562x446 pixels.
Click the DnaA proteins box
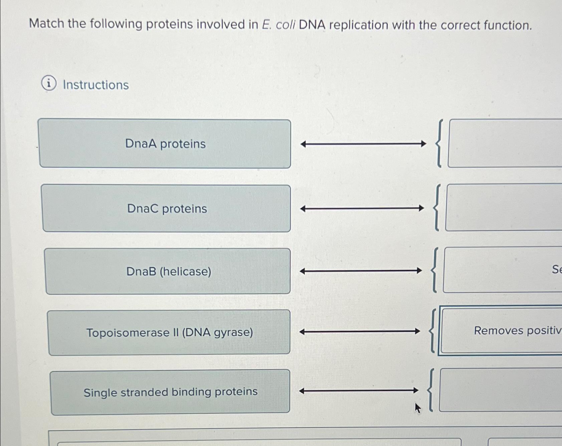(165, 144)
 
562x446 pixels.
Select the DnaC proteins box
(167, 208)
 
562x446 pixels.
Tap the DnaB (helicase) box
(168, 271)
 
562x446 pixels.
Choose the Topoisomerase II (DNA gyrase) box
(169, 332)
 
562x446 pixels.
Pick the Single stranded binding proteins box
(170, 392)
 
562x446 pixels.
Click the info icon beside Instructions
(49, 84)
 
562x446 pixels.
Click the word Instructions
(96, 85)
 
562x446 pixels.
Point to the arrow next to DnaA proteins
(363, 144)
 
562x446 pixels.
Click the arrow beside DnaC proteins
(362, 209)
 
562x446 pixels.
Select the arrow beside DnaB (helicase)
(361, 271)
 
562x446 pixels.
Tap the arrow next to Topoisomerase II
(360, 332)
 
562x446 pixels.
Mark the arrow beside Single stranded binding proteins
(359, 390)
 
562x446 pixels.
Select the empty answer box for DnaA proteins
(504, 143)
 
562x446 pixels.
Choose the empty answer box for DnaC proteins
(504, 207)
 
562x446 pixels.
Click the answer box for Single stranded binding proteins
(500, 390)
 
